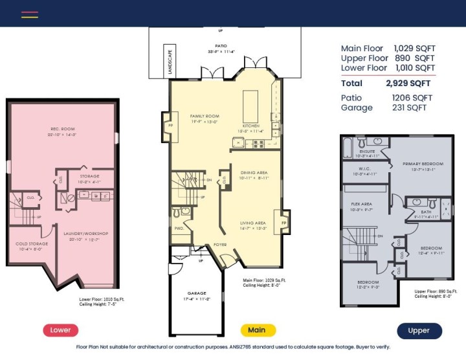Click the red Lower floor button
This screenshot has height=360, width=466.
[x=61, y=330]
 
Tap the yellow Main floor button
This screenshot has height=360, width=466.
[x=257, y=330]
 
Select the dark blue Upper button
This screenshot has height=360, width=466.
[x=419, y=330]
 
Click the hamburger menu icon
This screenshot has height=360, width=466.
[x=30, y=14]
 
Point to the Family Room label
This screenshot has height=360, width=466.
[x=205, y=116]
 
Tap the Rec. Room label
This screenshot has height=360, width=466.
[x=64, y=128]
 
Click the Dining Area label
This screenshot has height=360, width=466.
[x=254, y=173]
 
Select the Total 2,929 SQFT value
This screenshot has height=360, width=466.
[x=408, y=84]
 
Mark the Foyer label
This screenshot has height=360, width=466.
[x=221, y=245]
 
